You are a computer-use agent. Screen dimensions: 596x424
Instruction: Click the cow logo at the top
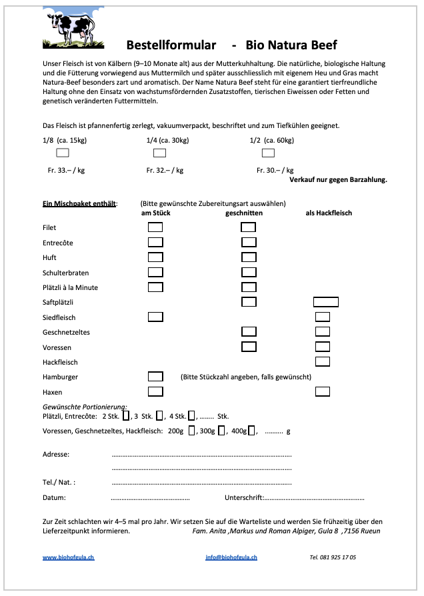[74, 29]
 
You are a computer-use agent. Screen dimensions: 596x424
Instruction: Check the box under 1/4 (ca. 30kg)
[160, 153]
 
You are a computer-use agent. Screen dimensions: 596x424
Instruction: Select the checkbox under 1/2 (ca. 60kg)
[268, 153]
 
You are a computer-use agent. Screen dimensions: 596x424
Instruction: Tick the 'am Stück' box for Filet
[155, 227]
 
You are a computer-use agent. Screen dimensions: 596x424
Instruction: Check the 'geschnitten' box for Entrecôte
[249, 242]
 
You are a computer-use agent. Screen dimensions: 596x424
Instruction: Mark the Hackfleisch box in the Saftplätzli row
[326, 302]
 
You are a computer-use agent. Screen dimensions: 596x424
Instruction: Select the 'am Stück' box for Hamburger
[155, 377]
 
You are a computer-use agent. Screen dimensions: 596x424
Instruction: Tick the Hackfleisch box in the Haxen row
[323, 391]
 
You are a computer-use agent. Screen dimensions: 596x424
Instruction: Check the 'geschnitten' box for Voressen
[249, 347]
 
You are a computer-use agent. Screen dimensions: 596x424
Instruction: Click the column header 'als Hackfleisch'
[329, 213]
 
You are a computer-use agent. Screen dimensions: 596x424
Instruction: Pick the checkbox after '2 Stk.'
[127, 416]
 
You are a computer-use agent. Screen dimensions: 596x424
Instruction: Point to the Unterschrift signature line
[314, 498]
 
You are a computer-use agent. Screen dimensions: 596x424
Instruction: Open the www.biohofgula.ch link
[69, 557]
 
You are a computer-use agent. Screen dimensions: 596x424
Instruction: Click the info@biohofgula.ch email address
[231, 557]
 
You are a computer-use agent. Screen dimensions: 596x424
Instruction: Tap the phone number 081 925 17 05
[333, 557]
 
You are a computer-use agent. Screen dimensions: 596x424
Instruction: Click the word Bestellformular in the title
[171, 45]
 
